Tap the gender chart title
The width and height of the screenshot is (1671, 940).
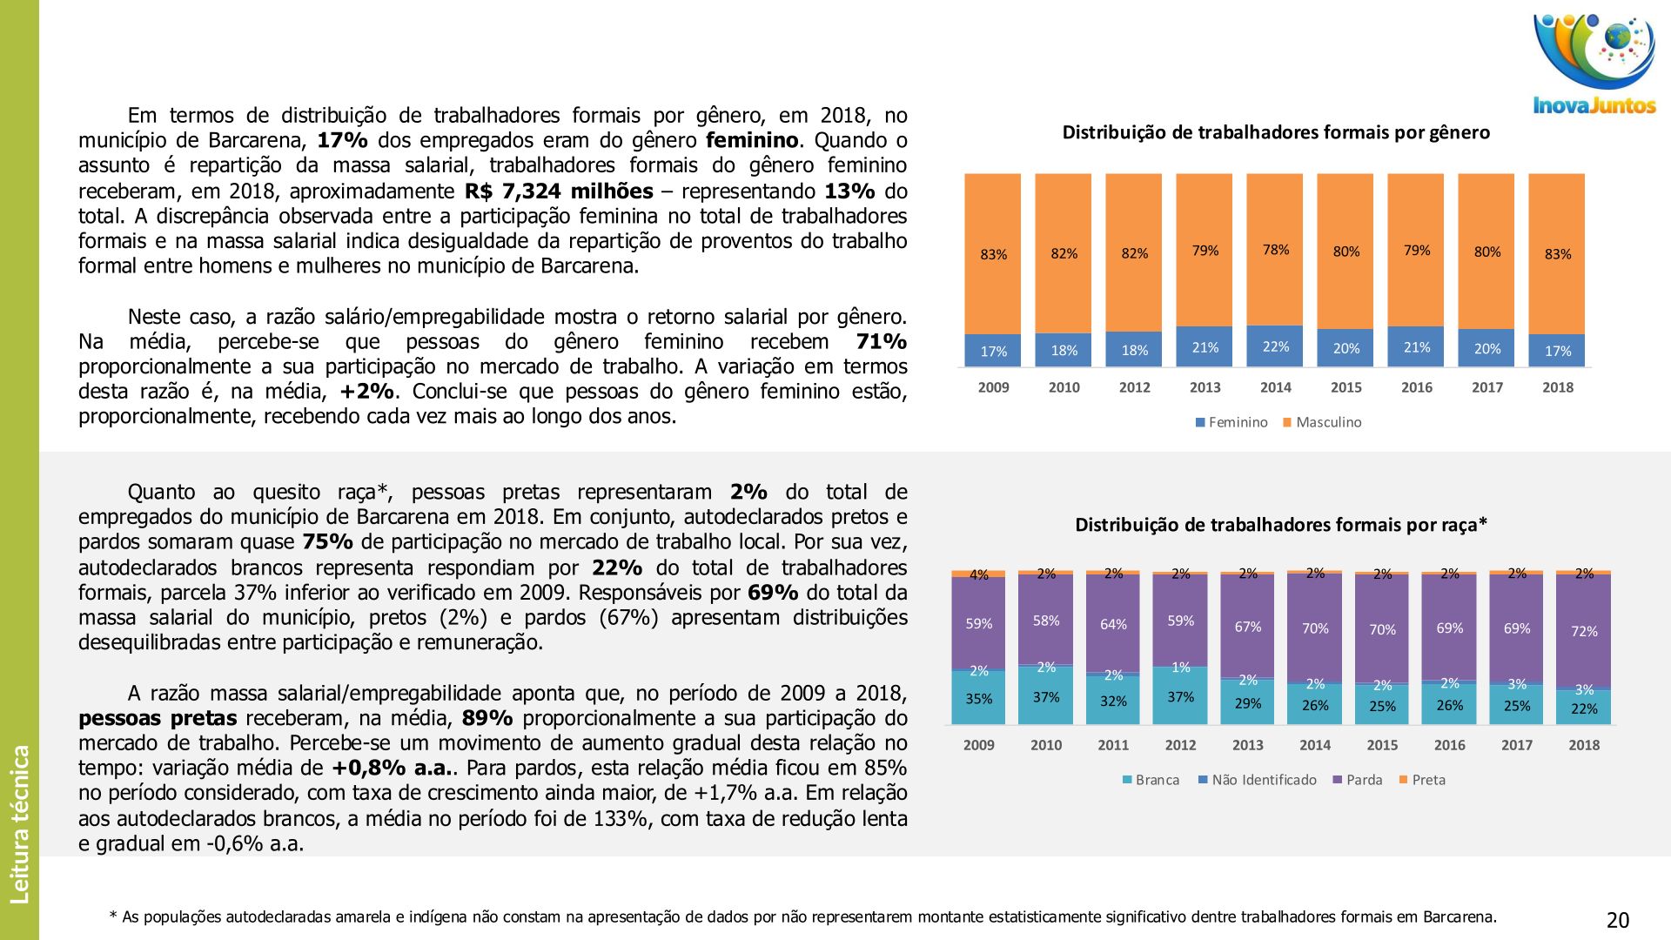1276,132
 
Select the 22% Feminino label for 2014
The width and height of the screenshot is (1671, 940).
1276,346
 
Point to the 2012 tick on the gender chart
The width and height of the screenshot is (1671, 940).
1134,387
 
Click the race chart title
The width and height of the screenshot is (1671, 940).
1281,525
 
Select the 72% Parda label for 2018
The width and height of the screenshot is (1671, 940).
1584,631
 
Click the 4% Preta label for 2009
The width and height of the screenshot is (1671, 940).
979,574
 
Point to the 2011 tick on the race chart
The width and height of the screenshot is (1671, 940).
1113,745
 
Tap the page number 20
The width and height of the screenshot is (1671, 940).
1618,920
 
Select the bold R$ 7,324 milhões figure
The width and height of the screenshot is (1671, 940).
559,191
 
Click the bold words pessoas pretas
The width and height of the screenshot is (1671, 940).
158,719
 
